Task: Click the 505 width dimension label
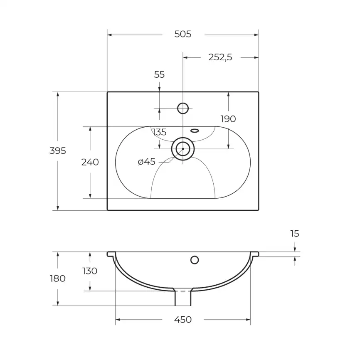[x=183, y=34]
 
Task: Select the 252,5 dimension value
[x=220, y=57]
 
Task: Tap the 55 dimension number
[x=159, y=74]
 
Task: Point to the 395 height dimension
[x=58, y=150]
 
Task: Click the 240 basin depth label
[x=90, y=162]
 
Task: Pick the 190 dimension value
[x=228, y=119]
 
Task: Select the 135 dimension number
[x=159, y=132]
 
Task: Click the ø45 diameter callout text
[x=146, y=162]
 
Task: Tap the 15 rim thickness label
[x=295, y=234]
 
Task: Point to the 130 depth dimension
[x=90, y=271]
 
